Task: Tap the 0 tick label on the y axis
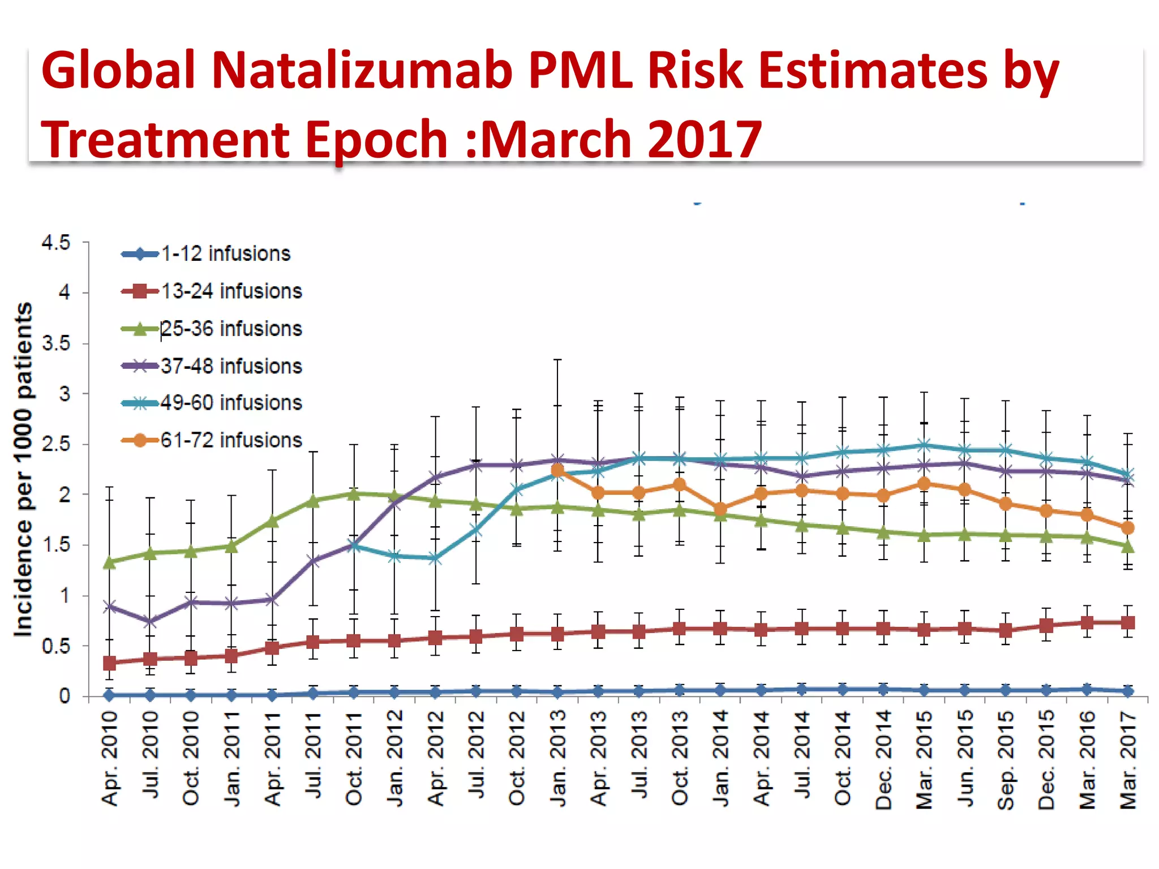pyautogui.click(x=65, y=696)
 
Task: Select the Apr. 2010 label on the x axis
pyautogui.click(x=110, y=758)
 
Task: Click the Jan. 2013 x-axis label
pyautogui.click(x=558, y=758)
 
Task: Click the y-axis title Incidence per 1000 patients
pyautogui.click(x=24, y=470)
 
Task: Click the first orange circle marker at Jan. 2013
pyautogui.click(x=557, y=470)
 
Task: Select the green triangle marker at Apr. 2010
pyautogui.click(x=110, y=562)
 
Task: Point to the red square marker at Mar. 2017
pyautogui.click(x=1128, y=623)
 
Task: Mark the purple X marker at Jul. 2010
pyautogui.click(x=150, y=621)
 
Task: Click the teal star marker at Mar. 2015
pyautogui.click(x=924, y=445)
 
